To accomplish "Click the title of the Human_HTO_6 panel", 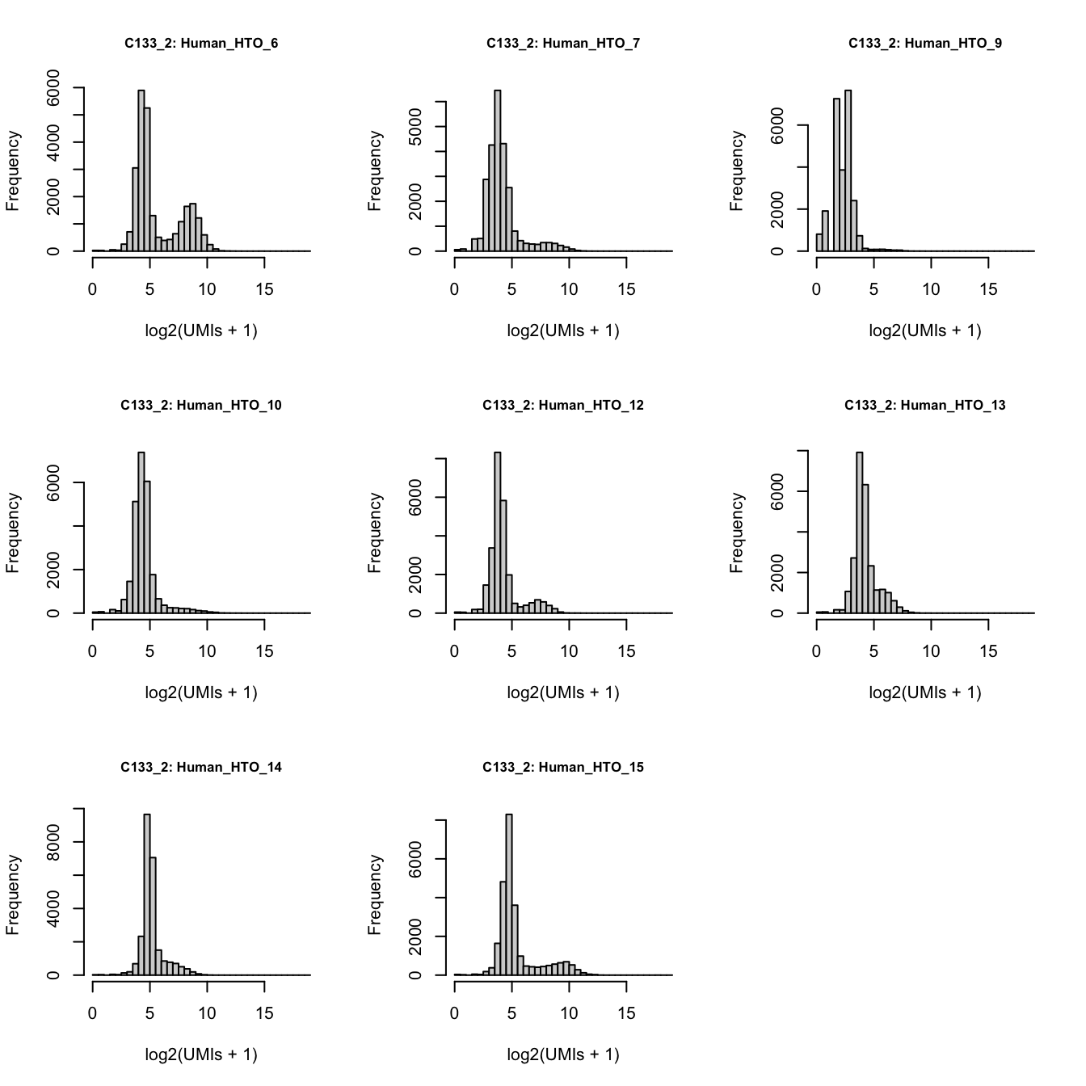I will click(x=201, y=44).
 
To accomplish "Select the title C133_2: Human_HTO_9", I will click(x=924, y=44).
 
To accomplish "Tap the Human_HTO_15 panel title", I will click(x=563, y=768).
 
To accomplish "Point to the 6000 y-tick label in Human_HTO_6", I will click(x=53, y=87).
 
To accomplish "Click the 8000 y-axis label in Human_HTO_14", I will click(x=53, y=842).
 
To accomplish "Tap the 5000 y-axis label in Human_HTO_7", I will click(x=415, y=127).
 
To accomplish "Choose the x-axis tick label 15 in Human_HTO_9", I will click(x=988, y=289).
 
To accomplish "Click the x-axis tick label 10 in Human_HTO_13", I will click(x=931, y=651).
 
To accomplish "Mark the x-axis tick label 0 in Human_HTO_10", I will click(x=93, y=651).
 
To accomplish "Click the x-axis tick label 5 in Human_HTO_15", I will click(x=511, y=1013).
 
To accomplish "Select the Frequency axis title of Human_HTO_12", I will click(x=375, y=533).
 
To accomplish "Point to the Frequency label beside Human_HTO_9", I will click(x=737, y=171).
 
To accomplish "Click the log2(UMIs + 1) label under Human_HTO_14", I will click(x=201, y=1054).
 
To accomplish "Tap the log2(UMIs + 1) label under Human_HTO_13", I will click(x=924, y=692).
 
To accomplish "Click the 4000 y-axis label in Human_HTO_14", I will click(x=53, y=909).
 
